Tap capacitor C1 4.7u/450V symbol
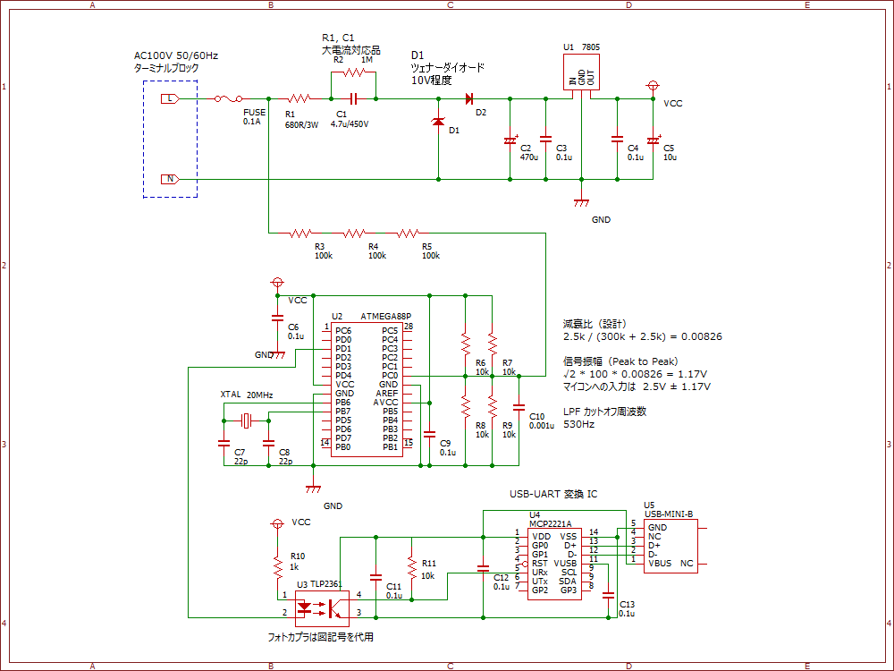click(x=353, y=98)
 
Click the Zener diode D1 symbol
click(x=438, y=122)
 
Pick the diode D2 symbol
click(x=468, y=98)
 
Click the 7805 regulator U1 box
click(x=580, y=72)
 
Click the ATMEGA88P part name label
click(x=385, y=316)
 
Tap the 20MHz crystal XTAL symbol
click(x=247, y=420)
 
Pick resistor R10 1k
click(x=277, y=563)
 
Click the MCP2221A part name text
click(x=551, y=523)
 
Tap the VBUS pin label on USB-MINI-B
click(x=659, y=564)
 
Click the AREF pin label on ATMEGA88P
click(x=386, y=394)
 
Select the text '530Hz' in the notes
click(x=579, y=424)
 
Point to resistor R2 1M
click(x=353, y=72)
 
